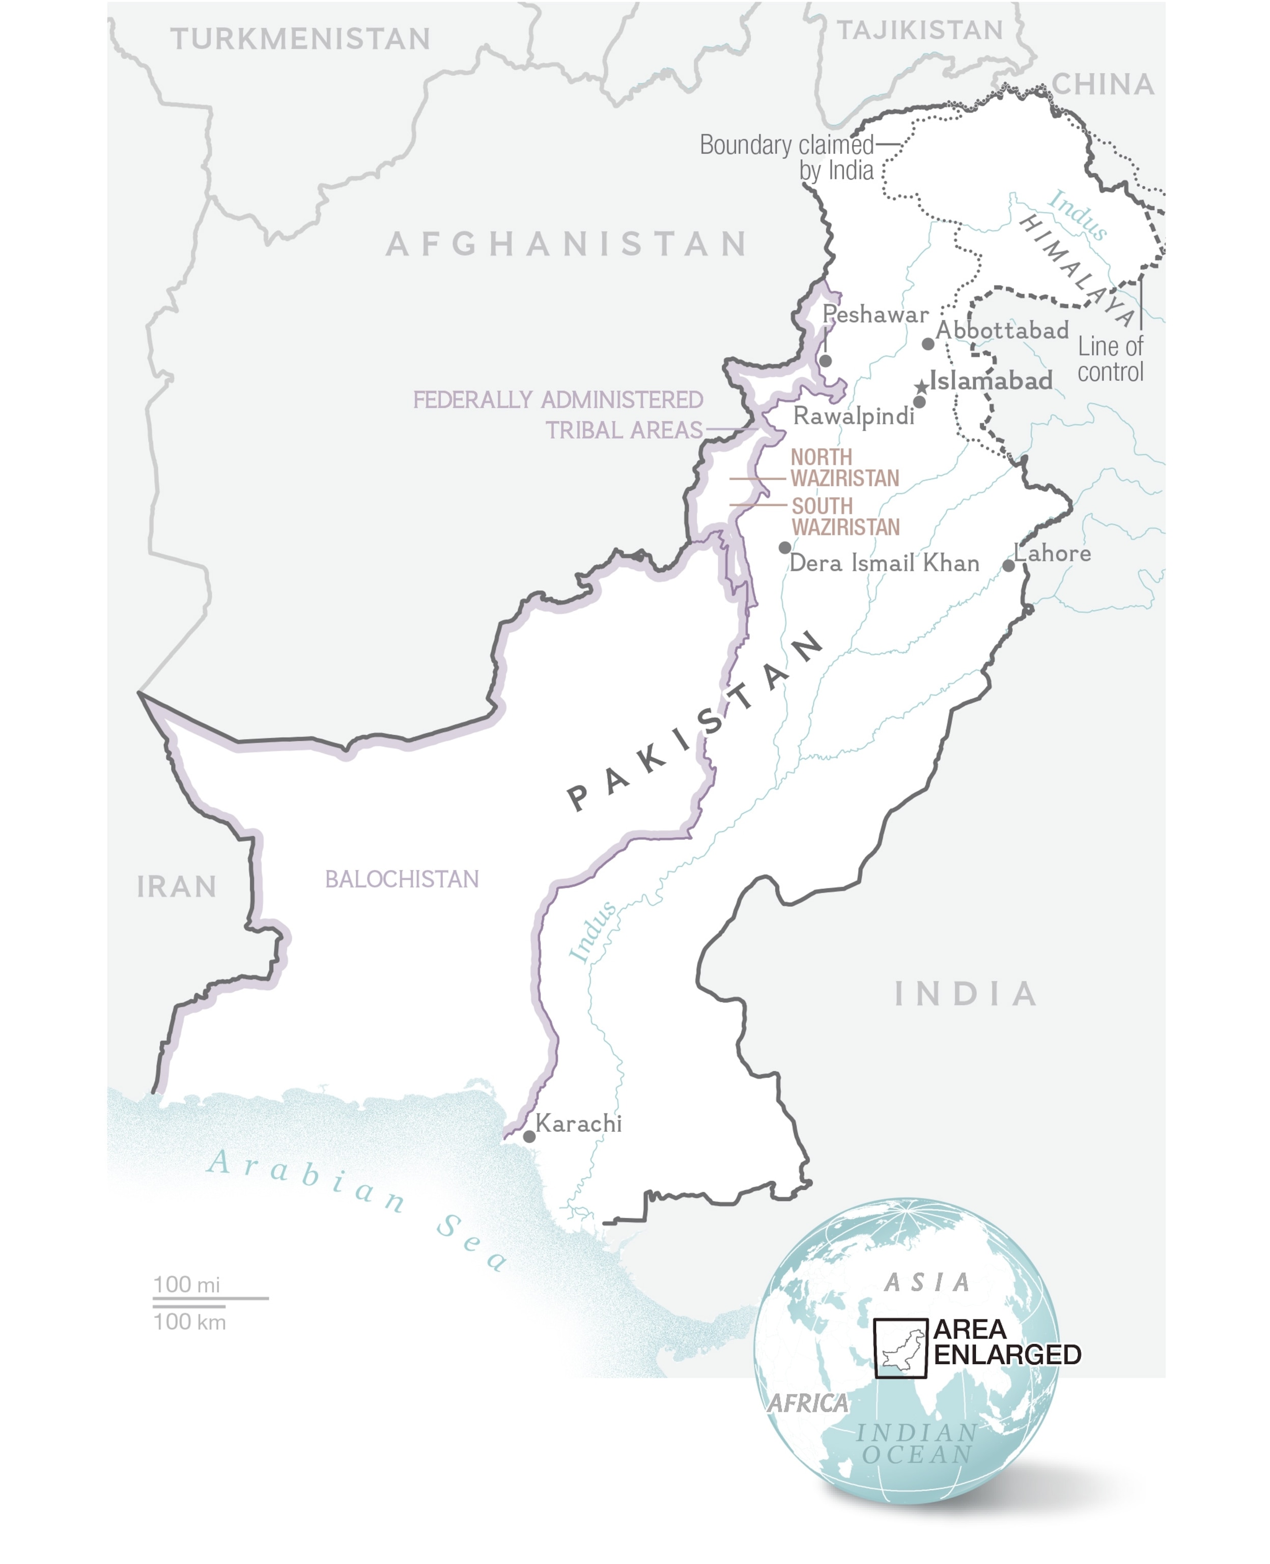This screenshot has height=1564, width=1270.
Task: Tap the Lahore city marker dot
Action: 1008,566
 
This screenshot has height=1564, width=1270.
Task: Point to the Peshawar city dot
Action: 825,360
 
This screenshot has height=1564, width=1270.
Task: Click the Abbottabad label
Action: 1002,330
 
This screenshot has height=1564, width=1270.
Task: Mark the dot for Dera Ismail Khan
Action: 784,547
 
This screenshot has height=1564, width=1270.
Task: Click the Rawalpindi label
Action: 854,416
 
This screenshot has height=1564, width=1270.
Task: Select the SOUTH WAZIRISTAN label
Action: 845,516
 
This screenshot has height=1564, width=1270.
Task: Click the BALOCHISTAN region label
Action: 402,879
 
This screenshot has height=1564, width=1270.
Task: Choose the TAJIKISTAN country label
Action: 920,31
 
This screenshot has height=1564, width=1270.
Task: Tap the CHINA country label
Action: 1103,85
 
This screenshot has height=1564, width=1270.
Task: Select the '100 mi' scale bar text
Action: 186,1284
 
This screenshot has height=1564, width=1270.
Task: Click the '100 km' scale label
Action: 189,1322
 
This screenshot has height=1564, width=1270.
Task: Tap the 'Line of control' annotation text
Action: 1110,359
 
